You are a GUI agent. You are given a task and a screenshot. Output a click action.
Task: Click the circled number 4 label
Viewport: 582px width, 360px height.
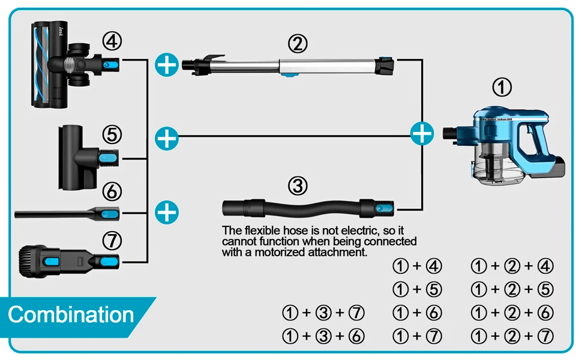pos(112,41)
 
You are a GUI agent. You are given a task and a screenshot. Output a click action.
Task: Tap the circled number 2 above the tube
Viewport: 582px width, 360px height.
pos(298,43)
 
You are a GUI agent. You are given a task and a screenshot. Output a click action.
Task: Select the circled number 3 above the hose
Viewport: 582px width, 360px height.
pos(298,185)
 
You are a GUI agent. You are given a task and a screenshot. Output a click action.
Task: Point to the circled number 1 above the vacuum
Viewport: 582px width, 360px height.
pos(502,88)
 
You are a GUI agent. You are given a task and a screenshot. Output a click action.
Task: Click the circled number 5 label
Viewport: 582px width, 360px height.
pos(112,134)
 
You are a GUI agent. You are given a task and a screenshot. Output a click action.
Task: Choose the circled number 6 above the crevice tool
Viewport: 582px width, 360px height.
pos(112,191)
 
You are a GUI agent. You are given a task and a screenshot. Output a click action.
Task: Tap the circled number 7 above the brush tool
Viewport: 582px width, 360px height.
pos(112,241)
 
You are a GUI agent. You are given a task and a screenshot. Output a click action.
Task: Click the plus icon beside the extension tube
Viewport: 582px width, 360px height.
pos(167,65)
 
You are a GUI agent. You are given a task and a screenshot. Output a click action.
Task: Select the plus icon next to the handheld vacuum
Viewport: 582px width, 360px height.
pos(422,133)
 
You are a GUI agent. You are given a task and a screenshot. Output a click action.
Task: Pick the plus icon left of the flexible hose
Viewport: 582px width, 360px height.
pos(167,212)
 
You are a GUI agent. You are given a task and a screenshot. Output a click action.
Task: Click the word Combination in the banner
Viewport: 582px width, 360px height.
pos(71,315)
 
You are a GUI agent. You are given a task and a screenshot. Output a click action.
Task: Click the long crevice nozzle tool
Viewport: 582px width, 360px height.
pos(67,214)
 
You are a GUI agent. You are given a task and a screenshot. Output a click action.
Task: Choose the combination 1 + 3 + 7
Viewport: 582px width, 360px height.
pos(323,313)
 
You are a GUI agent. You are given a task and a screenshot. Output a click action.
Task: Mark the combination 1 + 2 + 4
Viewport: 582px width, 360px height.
pos(512,266)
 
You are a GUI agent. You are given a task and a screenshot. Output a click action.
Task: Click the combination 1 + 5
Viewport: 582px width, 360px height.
pos(417,289)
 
